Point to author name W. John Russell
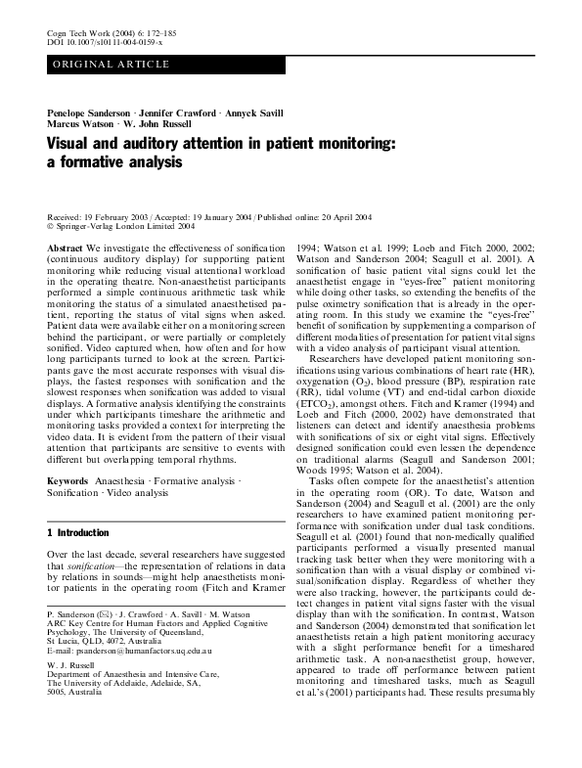[x=158, y=125]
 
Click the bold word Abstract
[x=65, y=249]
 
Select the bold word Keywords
[x=67, y=481]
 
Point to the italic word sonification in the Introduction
[x=95, y=565]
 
